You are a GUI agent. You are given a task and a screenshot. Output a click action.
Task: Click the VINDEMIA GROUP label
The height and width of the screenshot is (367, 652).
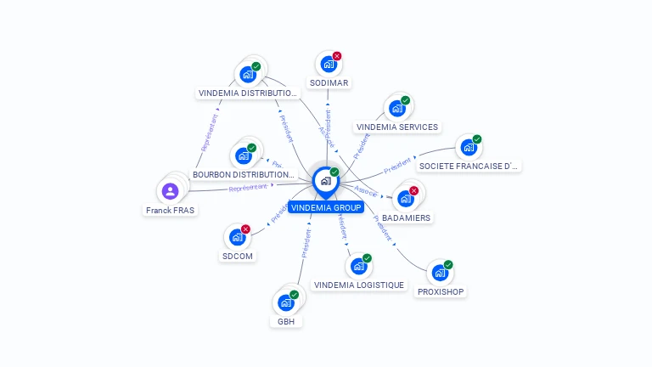tap(325, 207)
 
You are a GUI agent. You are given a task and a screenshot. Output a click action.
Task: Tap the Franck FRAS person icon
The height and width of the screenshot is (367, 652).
tap(170, 191)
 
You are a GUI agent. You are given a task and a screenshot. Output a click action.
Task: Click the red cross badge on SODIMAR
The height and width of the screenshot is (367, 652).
tap(337, 56)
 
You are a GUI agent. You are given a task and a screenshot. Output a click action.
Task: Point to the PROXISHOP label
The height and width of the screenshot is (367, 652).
tap(441, 291)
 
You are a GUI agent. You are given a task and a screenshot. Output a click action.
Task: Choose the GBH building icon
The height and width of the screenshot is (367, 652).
tap(285, 302)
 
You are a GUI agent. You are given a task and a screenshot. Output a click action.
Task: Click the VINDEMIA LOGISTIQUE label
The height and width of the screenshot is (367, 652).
tap(359, 285)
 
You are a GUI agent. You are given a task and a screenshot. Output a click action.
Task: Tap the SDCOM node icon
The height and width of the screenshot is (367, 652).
tap(237, 237)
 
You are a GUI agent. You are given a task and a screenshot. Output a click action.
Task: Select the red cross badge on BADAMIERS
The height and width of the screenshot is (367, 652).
tap(413, 190)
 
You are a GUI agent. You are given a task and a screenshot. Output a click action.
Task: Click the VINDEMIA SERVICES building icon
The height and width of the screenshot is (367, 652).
tap(396, 109)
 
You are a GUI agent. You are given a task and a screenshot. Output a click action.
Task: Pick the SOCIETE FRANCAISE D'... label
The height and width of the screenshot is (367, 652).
tap(469, 166)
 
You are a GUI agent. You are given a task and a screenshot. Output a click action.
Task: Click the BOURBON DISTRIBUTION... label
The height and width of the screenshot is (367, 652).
tap(243, 174)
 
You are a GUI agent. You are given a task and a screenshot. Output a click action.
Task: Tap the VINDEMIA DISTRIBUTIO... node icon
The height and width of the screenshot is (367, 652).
tap(247, 74)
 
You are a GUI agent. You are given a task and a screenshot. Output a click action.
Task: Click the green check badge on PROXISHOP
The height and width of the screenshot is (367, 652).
tap(448, 264)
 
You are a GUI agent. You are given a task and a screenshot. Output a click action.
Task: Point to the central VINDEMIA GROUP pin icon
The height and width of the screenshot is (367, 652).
tap(325, 181)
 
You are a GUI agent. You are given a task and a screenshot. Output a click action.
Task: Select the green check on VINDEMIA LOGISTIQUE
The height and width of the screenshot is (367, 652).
tap(367, 257)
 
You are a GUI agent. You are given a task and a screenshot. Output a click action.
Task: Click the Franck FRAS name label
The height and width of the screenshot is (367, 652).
tap(171, 210)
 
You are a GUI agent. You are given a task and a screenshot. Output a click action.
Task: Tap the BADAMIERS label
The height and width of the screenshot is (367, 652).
tap(406, 217)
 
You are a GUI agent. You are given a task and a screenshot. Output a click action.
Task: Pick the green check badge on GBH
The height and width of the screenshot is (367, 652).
tap(294, 294)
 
